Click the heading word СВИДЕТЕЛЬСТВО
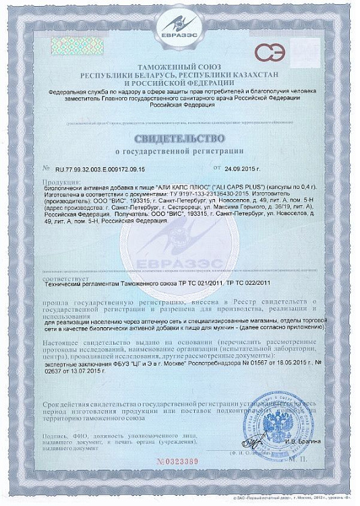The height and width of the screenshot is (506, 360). coord(179,138)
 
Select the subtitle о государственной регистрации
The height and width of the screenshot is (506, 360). coord(179,151)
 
